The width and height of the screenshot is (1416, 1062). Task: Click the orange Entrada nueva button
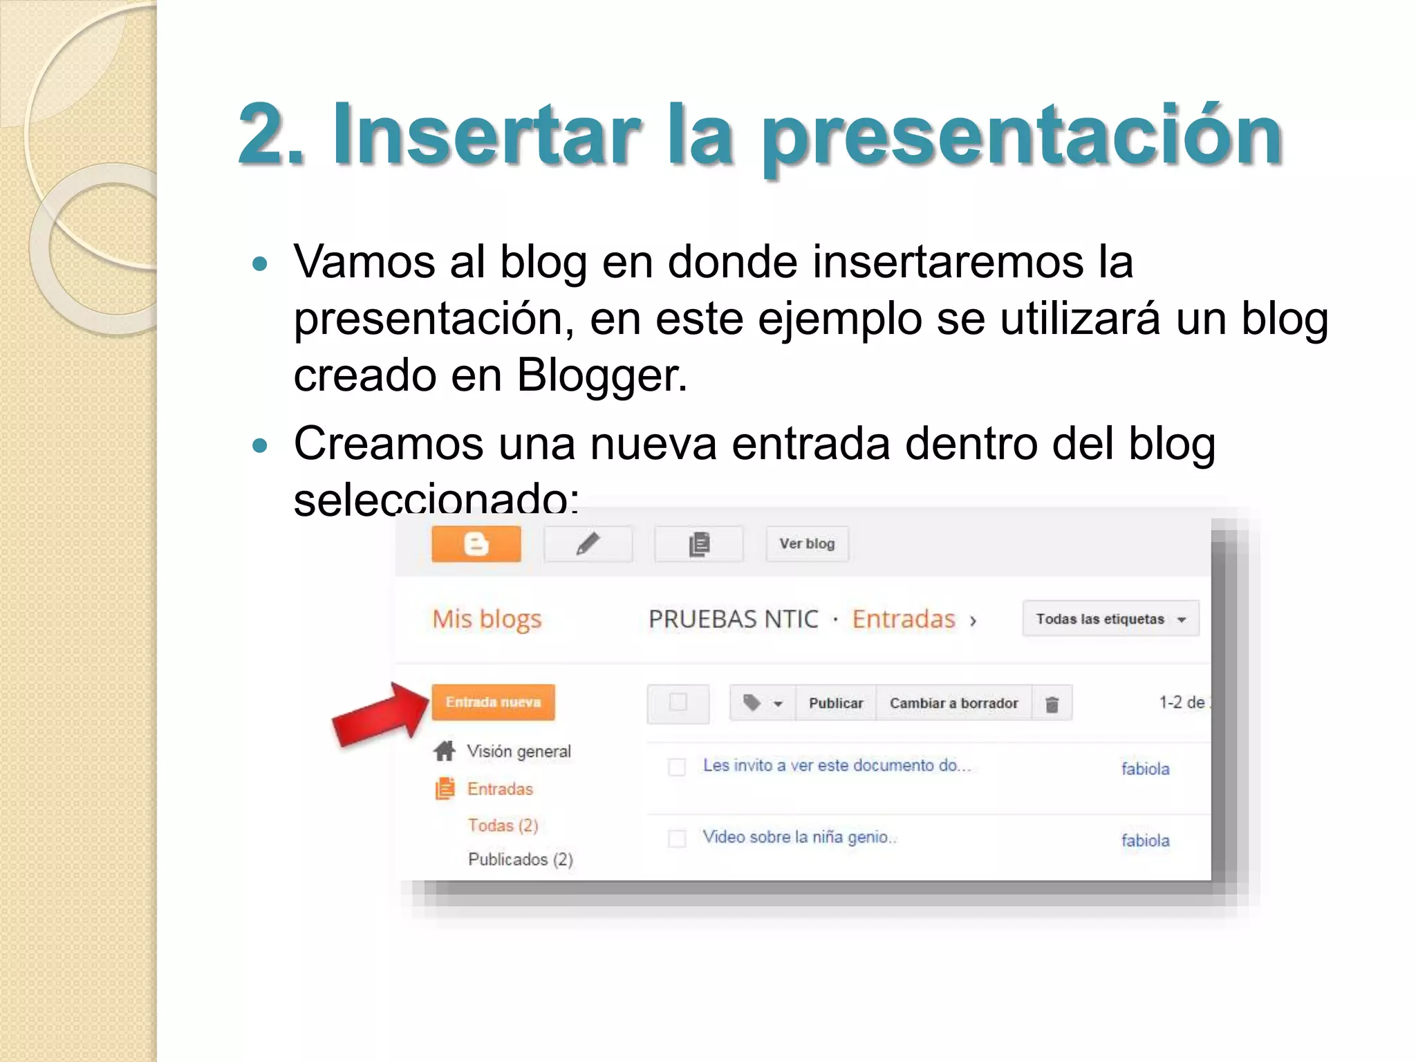coord(493,702)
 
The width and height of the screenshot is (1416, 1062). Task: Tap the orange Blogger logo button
coord(476,544)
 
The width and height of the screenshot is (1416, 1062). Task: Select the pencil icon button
coord(588,544)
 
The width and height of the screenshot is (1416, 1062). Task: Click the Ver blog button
coord(807,544)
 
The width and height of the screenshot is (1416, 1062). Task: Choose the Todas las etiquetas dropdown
coord(1110,619)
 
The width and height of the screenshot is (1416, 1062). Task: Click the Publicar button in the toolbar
coord(836,703)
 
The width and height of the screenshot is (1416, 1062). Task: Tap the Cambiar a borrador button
coord(953,703)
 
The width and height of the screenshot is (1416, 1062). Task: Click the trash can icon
coord(1052,704)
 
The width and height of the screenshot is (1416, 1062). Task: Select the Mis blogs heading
coord(487,619)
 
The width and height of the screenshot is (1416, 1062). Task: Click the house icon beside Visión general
coord(445,751)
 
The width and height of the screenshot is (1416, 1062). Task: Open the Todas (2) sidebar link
coord(503,826)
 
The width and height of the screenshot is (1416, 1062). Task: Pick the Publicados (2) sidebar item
coord(520,859)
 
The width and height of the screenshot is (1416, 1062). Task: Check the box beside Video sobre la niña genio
coord(677,839)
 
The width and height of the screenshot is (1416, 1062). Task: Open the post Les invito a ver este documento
coord(837,765)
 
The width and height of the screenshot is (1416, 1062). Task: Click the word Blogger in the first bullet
coord(602,375)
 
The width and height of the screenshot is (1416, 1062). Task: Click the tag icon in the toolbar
coord(752,703)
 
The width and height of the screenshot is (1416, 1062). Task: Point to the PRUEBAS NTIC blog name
coord(733,619)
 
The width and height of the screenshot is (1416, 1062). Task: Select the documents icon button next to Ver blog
coord(699,544)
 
